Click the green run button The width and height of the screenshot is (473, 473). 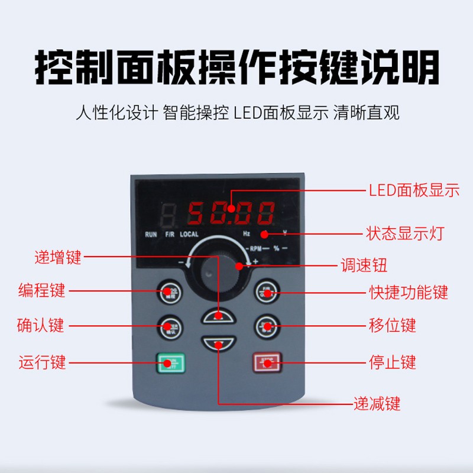tap(170, 361)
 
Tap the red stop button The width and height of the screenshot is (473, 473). tap(265, 361)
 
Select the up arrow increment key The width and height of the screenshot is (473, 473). tap(218, 316)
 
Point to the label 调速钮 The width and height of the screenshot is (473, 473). tap(362, 265)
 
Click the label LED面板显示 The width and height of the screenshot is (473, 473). tap(413, 190)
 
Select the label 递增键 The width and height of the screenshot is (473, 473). tap(57, 257)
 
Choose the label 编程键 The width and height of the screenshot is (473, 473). tap(41, 291)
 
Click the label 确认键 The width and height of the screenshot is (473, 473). tap(41, 326)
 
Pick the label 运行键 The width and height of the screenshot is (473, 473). tap(41, 361)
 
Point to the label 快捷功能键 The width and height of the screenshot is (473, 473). tap(408, 292)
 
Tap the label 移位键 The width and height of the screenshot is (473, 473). tap(392, 325)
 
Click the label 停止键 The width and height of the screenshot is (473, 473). tap(392, 361)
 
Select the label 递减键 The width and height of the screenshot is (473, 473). tap(377, 404)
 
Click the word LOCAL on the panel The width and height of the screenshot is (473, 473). tap(189, 235)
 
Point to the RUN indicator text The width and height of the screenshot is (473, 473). tap(151, 235)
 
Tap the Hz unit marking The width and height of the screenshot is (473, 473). tap(247, 235)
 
